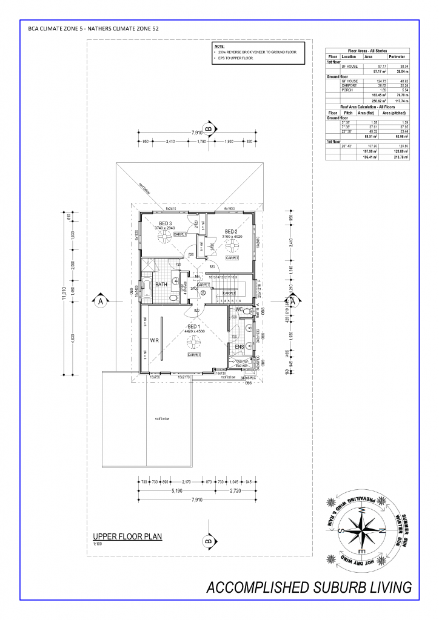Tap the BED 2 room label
point(231,231)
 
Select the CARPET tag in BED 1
point(194,355)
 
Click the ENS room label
point(239,346)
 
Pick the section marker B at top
point(208,129)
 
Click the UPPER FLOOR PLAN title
point(127,536)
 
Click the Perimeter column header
point(396,56)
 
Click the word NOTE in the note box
point(219,46)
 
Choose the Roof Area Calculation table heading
point(367,107)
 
